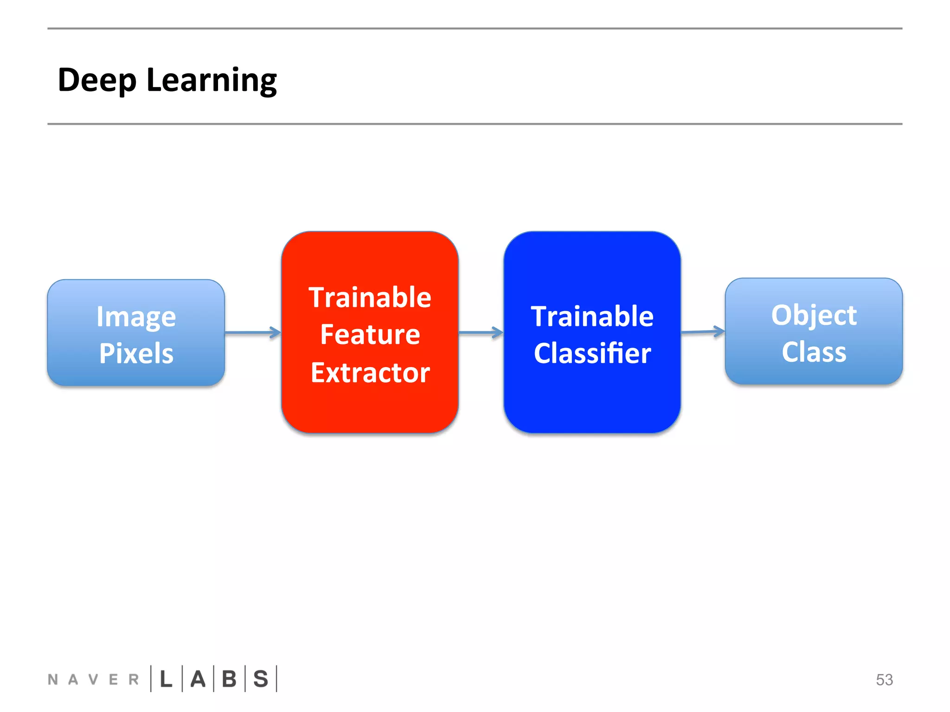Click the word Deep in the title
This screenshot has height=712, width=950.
pyautogui.click(x=97, y=81)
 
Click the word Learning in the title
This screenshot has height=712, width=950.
pyautogui.click(x=212, y=81)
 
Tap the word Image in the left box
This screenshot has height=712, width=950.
pyautogui.click(x=136, y=318)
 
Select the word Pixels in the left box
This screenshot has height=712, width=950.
pyautogui.click(x=136, y=353)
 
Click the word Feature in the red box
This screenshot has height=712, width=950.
pyautogui.click(x=370, y=335)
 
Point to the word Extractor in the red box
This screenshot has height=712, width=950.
pyautogui.click(x=370, y=373)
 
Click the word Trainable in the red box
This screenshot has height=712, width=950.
pyautogui.click(x=370, y=297)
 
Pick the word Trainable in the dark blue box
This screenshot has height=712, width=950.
pyautogui.click(x=592, y=317)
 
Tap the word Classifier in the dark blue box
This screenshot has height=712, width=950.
pyautogui.click(x=592, y=354)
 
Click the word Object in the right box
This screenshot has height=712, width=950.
pyautogui.click(x=814, y=316)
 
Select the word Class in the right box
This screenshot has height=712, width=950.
pyautogui.click(x=814, y=352)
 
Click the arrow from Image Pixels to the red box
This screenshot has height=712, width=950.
pyautogui.click(x=253, y=332)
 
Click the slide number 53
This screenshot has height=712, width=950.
pyautogui.click(x=884, y=680)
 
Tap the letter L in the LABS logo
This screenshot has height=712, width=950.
pyautogui.click(x=166, y=679)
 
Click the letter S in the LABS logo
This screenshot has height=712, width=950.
pyautogui.click(x=261, y=679)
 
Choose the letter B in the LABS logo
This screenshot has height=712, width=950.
pyautogui.click(x=229, y=679)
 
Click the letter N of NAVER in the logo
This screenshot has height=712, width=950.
pyautogui.click(x=53, y=680)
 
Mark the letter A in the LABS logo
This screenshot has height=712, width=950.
pyautogui.click(x=198, y=679)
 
